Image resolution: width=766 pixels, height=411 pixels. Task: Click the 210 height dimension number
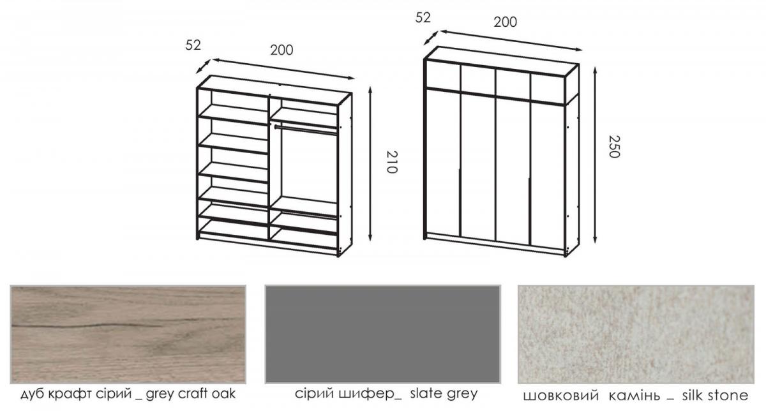point(392,161)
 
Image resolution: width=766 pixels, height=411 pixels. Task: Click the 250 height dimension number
point(614,147)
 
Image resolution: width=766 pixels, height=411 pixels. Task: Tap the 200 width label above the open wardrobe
point(282,50)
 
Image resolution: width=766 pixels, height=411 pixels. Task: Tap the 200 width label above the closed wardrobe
point(505,22)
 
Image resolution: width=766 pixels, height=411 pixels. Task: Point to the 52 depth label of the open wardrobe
point(193,45)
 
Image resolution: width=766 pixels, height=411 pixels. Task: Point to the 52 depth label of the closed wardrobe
point(423,17)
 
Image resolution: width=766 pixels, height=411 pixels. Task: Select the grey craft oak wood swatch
point(128,334)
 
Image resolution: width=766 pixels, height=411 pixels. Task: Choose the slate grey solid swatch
point(382,334)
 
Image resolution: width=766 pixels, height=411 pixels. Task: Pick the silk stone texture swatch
point(636,334)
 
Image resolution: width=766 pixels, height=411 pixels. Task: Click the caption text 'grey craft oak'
point(190,394)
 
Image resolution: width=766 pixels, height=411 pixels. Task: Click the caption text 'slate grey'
point(444,394)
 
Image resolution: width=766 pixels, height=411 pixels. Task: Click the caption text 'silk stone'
point(715,395)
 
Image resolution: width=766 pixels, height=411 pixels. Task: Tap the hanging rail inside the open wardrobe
point(306,131)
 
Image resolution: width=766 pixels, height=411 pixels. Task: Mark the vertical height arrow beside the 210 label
point(370,164)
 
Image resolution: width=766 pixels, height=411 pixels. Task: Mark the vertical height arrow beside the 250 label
point(595,155)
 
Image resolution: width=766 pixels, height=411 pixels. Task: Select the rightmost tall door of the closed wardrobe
point(547,176)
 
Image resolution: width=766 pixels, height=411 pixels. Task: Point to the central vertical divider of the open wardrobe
point(269,167)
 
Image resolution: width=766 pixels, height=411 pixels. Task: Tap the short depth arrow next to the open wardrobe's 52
point(203,66)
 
